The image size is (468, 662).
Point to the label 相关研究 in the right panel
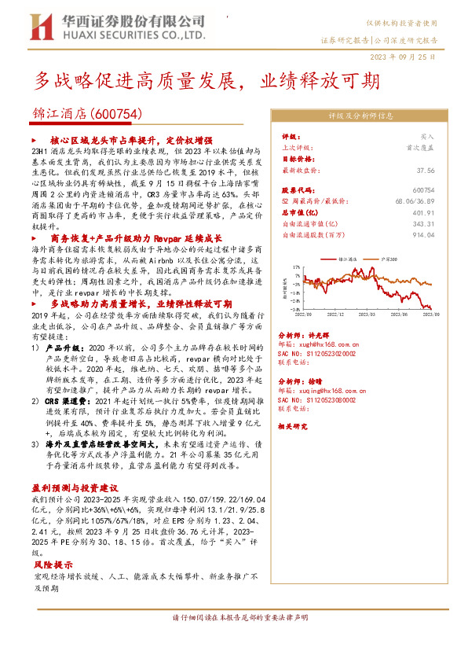coord(294,425)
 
